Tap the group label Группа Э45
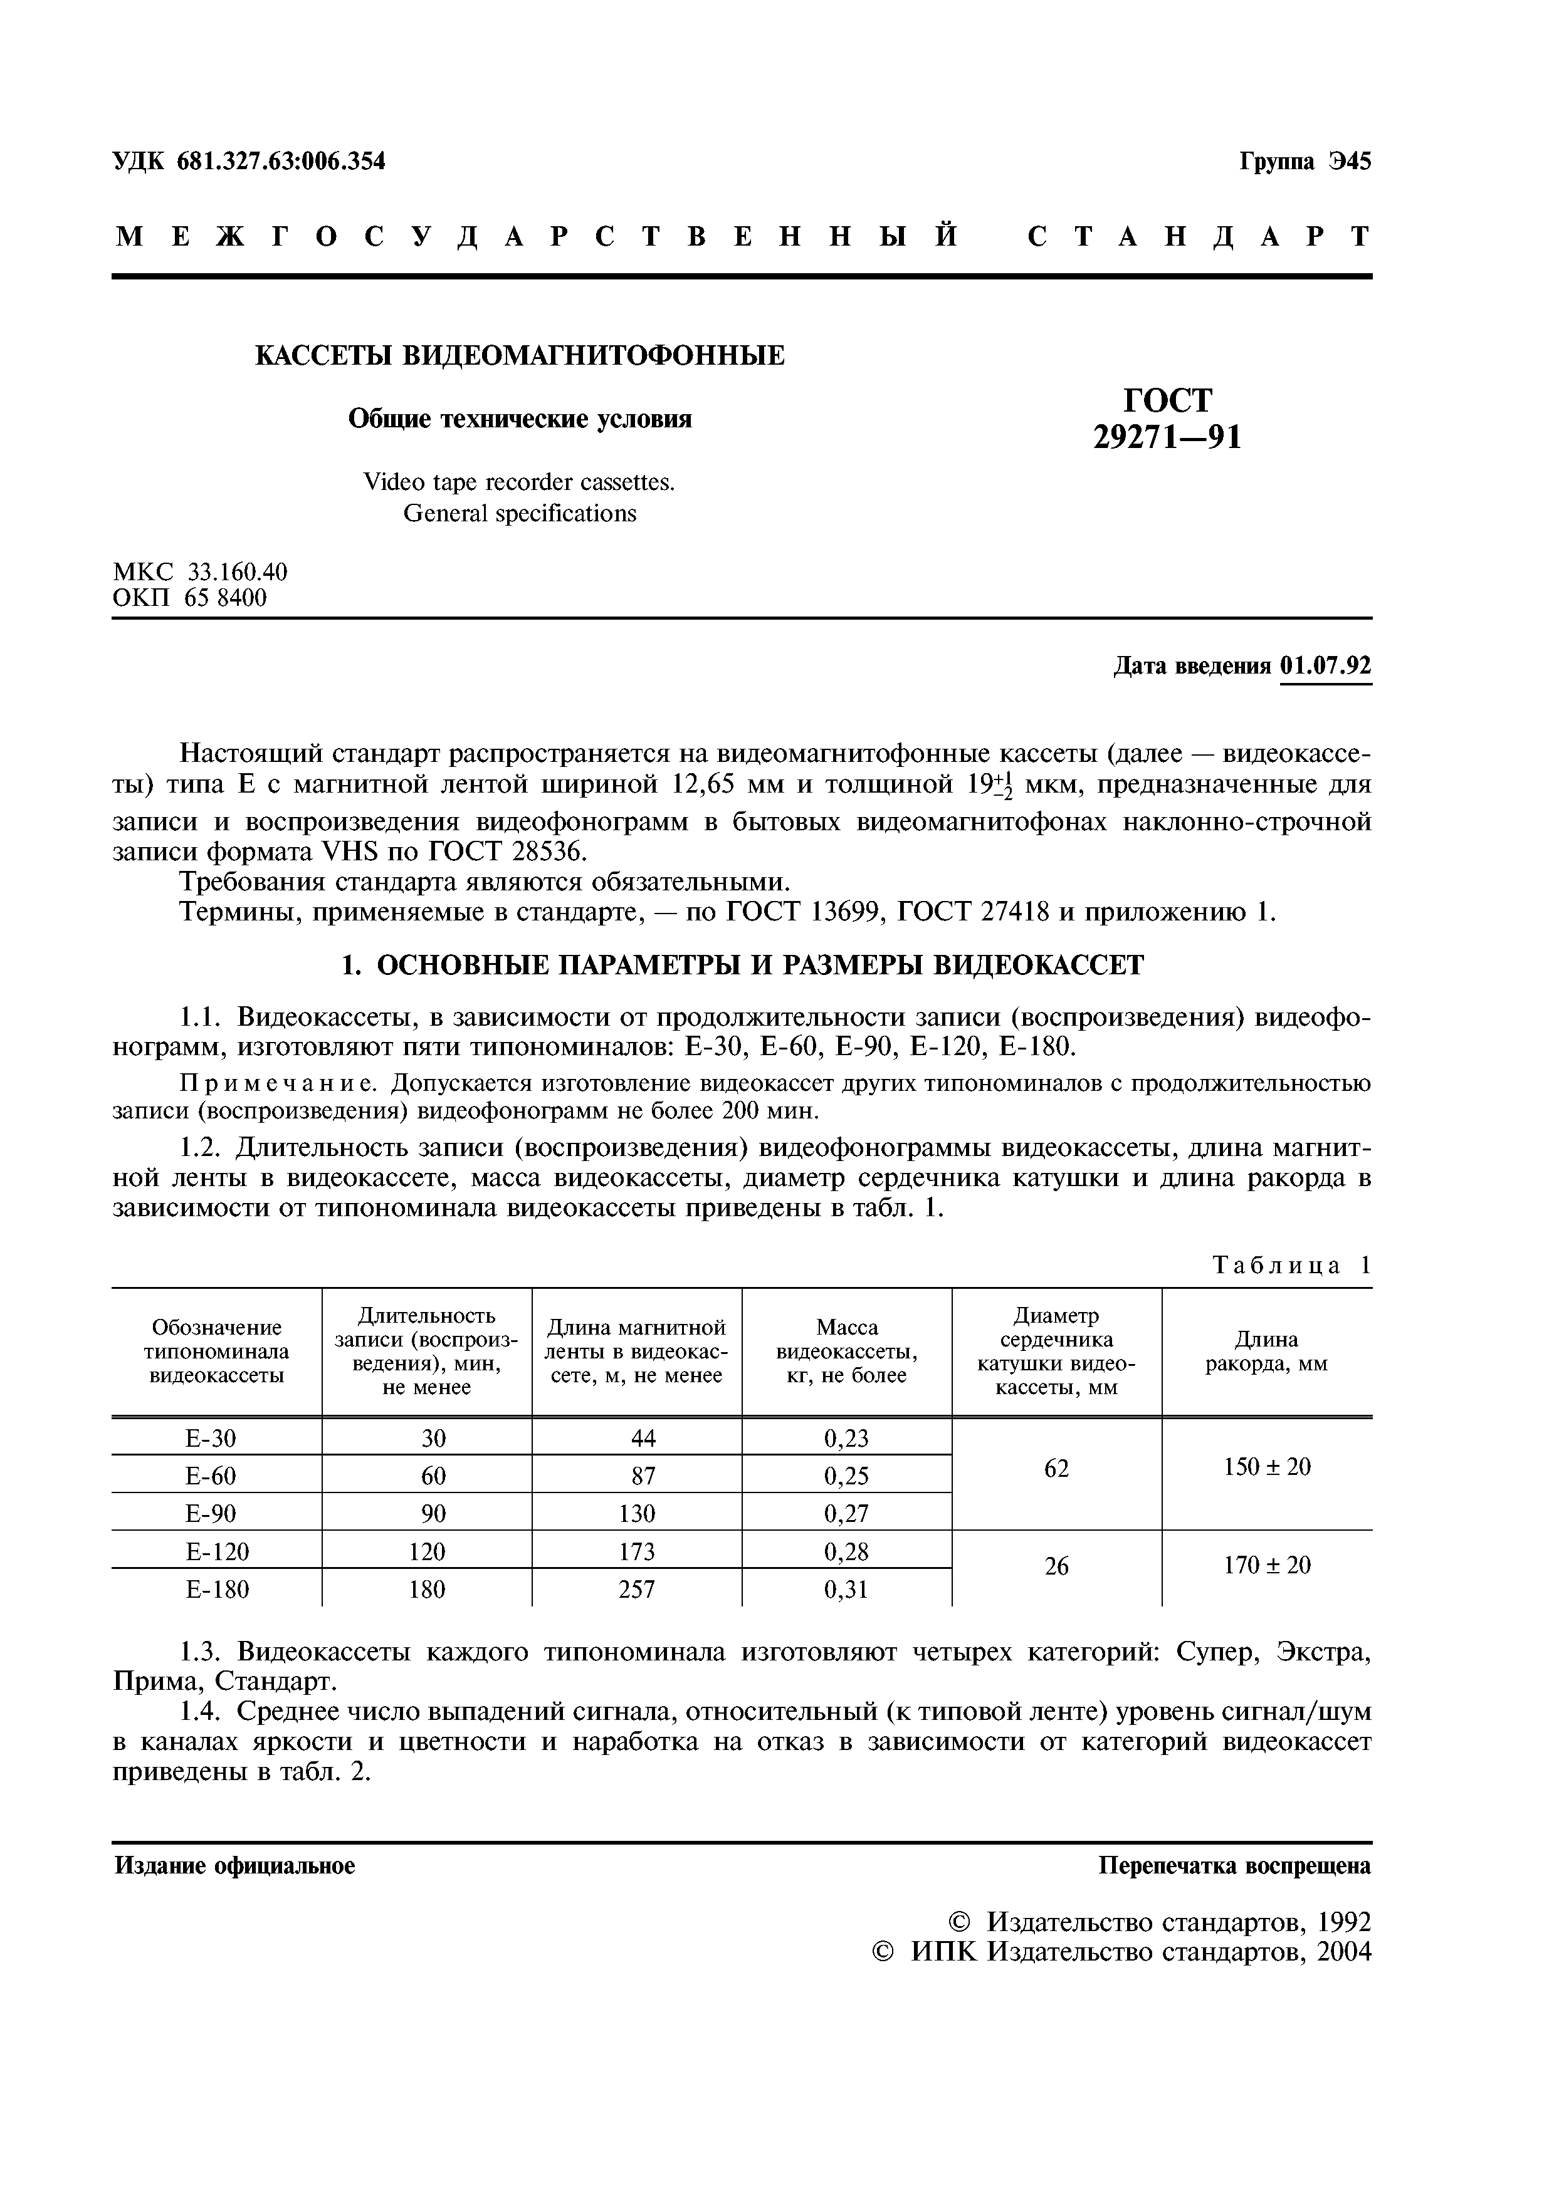click(x=1305, y=162)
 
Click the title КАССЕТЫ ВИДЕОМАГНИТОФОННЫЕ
click(x=520, y=356)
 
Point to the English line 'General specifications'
click(x=519, y=514)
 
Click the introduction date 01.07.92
click(x=1325, y=665)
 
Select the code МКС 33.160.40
click(x=200, y=573)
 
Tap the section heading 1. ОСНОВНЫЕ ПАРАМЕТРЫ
click(x=742, y=965)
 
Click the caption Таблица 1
click(x=1291, y=1266)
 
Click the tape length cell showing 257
click(x=637, y=1589)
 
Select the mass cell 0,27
click(x=846, y=1514)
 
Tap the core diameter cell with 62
click(x=1056, y=1467)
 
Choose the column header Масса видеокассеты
click(x=846, y=1352)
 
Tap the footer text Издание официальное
click(x=234, y=1866)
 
